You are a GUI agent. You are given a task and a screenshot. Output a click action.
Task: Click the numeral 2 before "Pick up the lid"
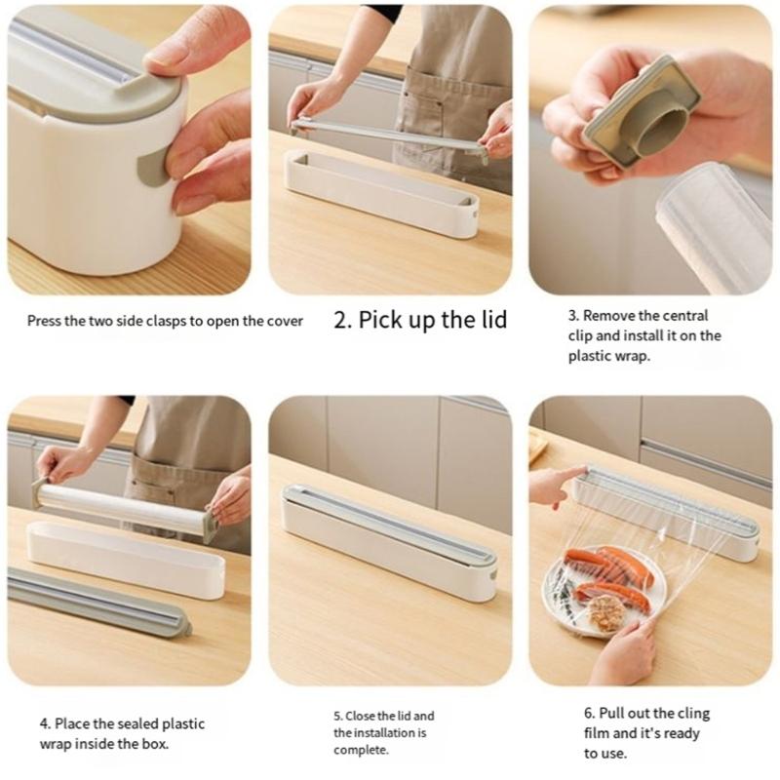[x=342, y=320]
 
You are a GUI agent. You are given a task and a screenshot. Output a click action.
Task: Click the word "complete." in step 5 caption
[x=361, y=750]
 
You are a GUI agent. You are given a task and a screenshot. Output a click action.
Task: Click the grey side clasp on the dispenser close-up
[x=152, y=169]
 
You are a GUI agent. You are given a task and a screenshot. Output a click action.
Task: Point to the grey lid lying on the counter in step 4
[x=97, y=604]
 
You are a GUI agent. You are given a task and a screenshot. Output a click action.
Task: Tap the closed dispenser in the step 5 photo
[x=390, y=531]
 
